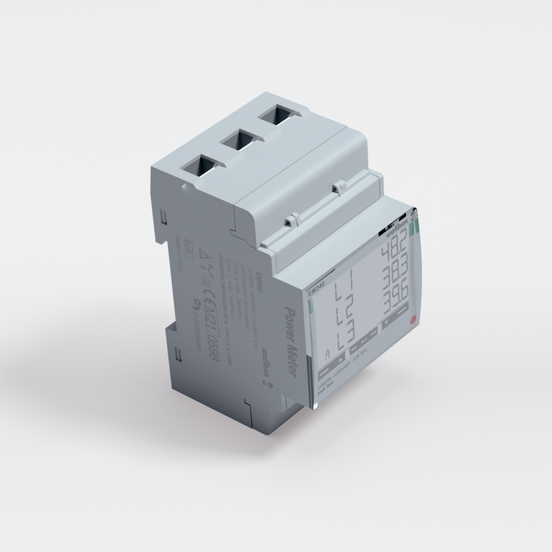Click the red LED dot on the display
[x=411, y=320]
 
